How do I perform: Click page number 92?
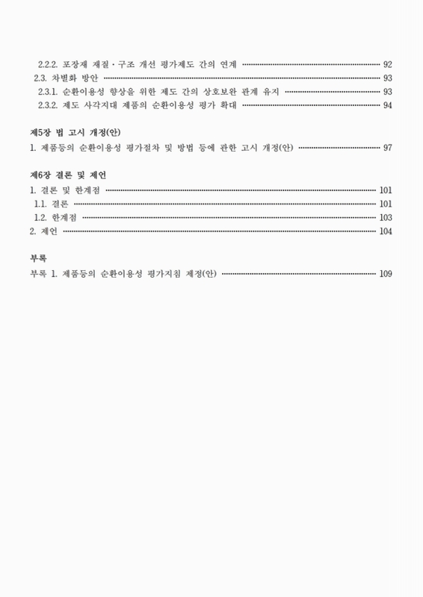coord(387,63)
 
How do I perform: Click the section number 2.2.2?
coord(49,63)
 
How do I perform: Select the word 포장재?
coord(75,63)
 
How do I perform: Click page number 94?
coord(387,105)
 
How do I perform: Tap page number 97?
coord(387,147)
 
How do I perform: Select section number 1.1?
coord(40,203)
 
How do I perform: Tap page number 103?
coord(386,217)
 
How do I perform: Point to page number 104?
coord(386,231)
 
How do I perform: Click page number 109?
coord(386,273)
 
